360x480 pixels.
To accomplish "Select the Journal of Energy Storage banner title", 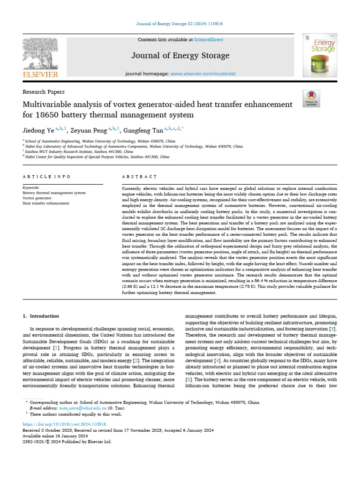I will (x=180, y=56).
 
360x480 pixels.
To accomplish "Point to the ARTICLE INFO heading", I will (x=46, y=177).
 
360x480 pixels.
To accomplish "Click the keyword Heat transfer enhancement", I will (x=46, y=203).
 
